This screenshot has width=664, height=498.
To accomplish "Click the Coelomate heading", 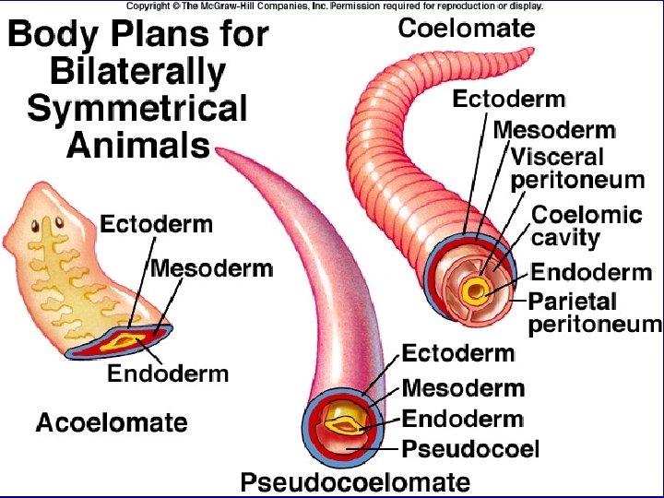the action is point(466,29).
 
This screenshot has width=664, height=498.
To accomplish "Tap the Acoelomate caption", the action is point(112,423).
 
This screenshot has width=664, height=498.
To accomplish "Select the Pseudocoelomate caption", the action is point(355,481).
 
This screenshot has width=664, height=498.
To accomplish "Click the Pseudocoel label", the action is point(470,450).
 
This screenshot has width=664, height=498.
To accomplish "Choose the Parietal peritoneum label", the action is point(595,312).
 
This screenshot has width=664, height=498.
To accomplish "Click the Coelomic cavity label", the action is point(587,225).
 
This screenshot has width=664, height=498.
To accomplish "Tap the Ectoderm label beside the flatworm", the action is point(156,224).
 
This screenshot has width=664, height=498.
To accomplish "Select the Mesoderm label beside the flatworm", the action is point(211,268).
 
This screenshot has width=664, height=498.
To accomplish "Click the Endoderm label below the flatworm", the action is point(168,373).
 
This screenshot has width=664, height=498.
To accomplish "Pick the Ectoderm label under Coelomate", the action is point(509,100).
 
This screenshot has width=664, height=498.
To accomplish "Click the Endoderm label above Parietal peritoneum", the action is point(592,273).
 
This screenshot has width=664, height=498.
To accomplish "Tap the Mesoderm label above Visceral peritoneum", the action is point(554,131).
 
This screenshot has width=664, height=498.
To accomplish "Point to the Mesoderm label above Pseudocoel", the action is point(463,388).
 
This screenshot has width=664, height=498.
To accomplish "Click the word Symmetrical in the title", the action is point(137,108).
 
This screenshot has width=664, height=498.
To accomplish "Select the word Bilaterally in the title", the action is point(137,71).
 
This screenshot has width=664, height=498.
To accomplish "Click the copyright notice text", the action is point(334,6).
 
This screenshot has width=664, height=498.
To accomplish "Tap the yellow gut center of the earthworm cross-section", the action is point(476,292).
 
